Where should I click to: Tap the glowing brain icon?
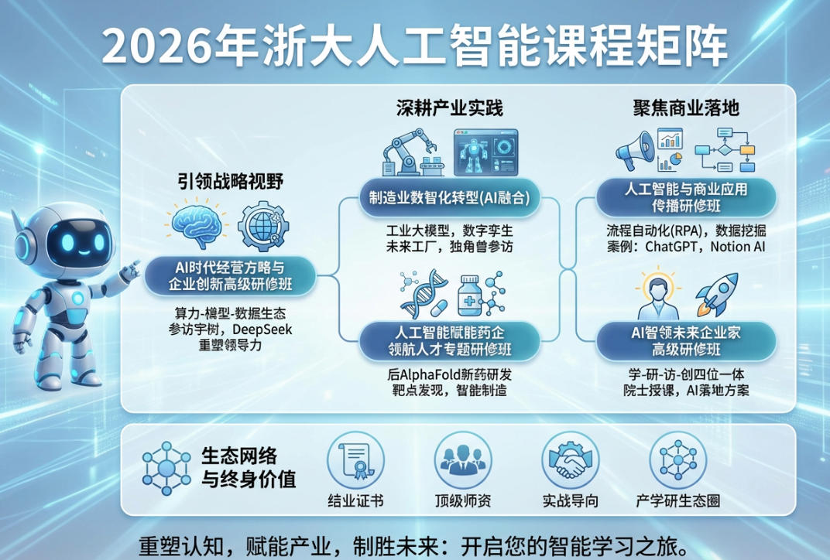[x=197, y=224]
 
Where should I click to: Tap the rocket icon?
[x=715, y=294]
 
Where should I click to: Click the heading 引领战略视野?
[x=230, y=183]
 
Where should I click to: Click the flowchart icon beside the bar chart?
[x=724, y=151]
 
